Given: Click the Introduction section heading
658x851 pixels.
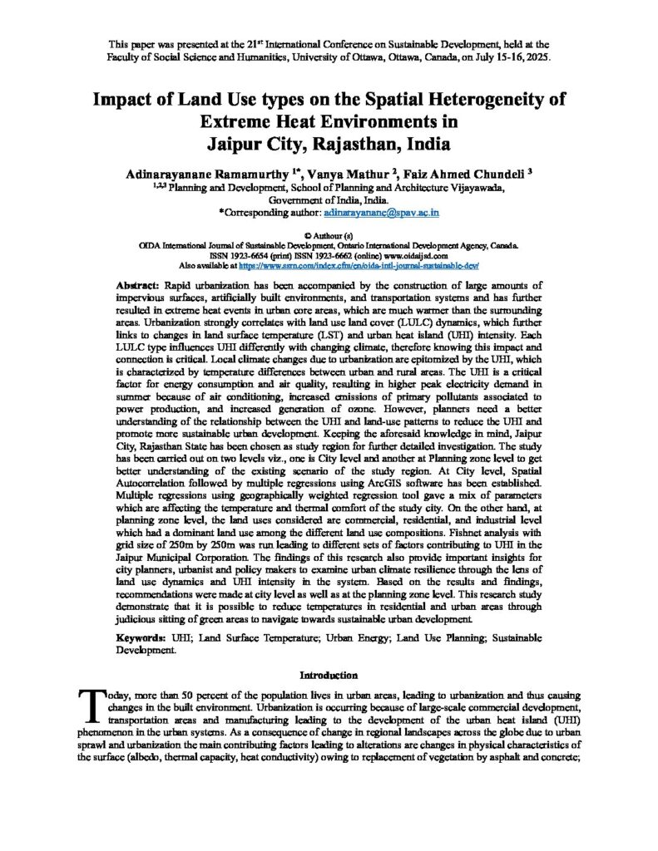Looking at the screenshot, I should point(329,675).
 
